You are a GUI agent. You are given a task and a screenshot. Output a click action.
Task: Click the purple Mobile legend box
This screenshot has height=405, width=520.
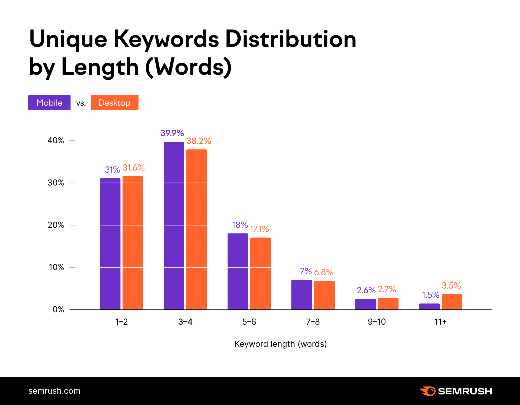click(x=49, y=103)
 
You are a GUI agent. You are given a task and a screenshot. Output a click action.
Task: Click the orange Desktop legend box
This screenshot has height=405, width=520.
click(x=114, y=103)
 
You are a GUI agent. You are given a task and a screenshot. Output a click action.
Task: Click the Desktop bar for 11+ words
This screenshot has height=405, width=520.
click(x=452, y=302)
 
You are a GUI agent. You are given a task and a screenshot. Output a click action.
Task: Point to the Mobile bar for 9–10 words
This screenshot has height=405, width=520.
click(x=365, y=304)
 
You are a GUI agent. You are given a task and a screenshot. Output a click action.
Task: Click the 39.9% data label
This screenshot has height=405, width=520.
click(x=172, y=133)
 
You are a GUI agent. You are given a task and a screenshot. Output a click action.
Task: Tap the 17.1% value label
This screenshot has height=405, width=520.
click(x=259, y=229)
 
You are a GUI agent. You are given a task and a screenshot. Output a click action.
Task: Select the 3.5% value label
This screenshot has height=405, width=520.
click(x=451, y=285)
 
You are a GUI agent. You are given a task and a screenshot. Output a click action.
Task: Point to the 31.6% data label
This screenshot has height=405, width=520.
click(x=134, y=168)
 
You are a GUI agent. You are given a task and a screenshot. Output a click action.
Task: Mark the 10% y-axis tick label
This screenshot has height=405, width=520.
click(x=56, y=267)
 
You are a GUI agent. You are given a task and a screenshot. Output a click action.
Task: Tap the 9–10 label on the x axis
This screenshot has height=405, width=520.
click(x=377, y=322)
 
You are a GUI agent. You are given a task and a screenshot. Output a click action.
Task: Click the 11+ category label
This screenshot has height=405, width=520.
click(x=440, y=322)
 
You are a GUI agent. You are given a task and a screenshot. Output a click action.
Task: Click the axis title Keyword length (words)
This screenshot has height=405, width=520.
click(x=281, y=344)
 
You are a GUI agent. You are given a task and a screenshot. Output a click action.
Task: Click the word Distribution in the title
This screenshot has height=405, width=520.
click(x=291, y=39)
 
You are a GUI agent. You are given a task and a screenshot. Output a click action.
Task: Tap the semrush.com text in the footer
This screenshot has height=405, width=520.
click(x=54, y=391)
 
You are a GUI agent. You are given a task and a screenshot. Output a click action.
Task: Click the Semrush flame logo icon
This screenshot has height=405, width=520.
click(x=428, y=391)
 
